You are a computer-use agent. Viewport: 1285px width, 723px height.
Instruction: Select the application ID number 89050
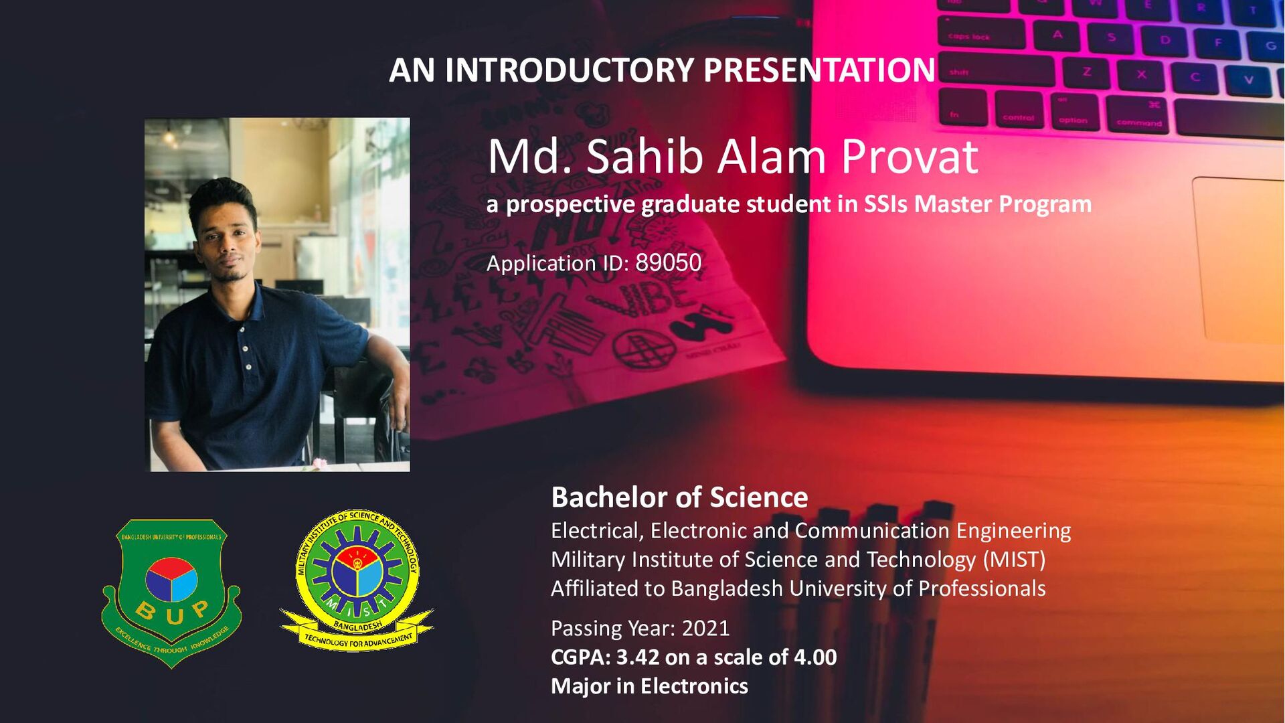click(x=668, y=263)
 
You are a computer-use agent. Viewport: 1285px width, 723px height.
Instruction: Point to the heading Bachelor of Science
click(x=679, y=497)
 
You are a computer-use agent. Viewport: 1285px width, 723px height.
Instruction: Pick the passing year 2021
click(x=705, y=629)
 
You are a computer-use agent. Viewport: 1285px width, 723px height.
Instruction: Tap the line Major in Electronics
click(x=649, y=686)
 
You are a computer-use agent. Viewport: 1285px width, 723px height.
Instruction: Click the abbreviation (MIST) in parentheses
click(x=1013, y=560)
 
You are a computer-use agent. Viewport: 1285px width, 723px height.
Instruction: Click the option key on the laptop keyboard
click(x=1073, y=112)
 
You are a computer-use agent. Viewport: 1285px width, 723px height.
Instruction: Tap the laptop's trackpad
click(x=1238, y=261)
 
